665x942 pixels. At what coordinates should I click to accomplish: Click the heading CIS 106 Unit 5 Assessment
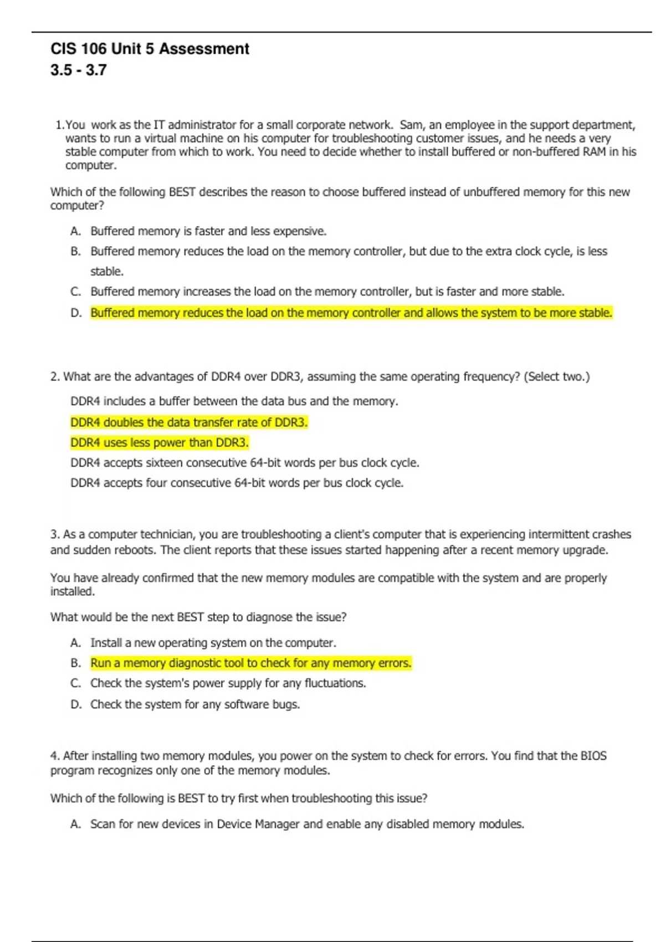pos(150,49)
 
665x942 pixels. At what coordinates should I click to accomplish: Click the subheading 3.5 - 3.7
pos(78,70)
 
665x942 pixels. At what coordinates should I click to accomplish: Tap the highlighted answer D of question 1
pos(351,313)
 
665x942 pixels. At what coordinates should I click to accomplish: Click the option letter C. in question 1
pos(76,291)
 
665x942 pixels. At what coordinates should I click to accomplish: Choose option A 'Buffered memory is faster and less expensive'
pos(208,231)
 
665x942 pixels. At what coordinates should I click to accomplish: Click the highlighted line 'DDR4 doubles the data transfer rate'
pos(188,422)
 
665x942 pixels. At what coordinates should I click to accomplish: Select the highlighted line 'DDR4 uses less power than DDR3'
pos(159,442)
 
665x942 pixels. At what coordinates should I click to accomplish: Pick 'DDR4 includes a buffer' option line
pos(234,401)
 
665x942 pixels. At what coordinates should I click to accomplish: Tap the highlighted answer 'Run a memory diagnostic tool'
pos(250,663)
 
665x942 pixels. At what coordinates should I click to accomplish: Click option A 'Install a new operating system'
pos(213,643)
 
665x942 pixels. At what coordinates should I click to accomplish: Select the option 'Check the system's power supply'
pos(228,683)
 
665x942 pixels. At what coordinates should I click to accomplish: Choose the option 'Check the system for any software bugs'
pos(195,704)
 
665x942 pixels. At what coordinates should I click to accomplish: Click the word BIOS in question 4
pos(593,756)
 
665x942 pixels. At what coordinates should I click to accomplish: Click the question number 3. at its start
pos(55,535)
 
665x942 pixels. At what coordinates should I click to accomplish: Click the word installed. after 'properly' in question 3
pos(73,592)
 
